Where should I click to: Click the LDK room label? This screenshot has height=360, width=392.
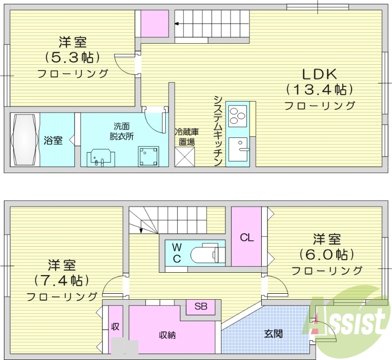pyautogui.click(x=318, y=74)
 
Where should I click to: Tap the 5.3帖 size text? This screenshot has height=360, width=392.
pyautogui.click(x=73, y=57)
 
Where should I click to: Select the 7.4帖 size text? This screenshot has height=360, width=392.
pyautogui.click(x=61, y=280)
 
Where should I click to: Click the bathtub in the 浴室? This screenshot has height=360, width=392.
pyautogui.click(x=24, y=140)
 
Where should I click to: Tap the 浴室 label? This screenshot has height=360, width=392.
pyautogui.click(x=53, y=141)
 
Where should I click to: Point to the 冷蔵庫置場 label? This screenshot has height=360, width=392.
pyautogui.click(x=186, y=137)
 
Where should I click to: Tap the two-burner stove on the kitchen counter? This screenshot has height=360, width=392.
pyautogui.click(x=237, y=116)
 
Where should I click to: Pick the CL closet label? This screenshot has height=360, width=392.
pyautogui.click(x=246, y=238)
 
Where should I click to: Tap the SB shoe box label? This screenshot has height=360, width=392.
pyautogui.click(x=201, y=307)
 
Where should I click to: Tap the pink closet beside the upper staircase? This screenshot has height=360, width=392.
pyautogui.click(x=155, y=24)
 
